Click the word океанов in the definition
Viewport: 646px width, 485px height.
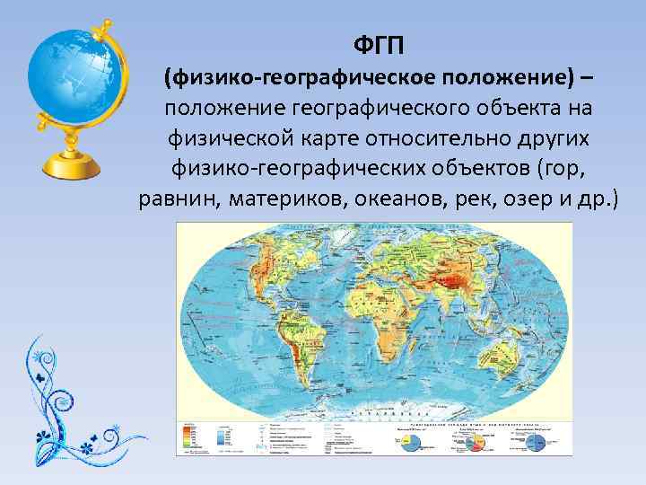pos(401,198)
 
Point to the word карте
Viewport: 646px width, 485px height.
pos(330,138)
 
